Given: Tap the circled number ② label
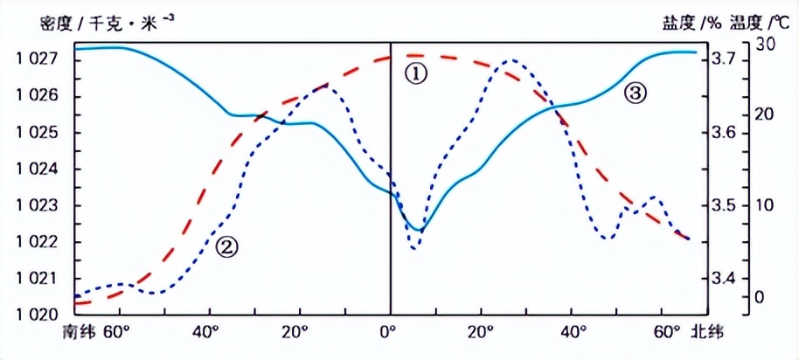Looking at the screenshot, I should tap(226, 247).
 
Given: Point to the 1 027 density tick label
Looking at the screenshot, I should tap(38, 59).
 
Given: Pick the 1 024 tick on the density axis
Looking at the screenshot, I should tap(38, 170).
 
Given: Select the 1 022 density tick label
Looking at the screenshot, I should tap(38, 242).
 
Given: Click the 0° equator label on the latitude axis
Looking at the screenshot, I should tap(389, 333).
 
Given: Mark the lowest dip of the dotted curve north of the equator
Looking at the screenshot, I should tap(414, 248).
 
